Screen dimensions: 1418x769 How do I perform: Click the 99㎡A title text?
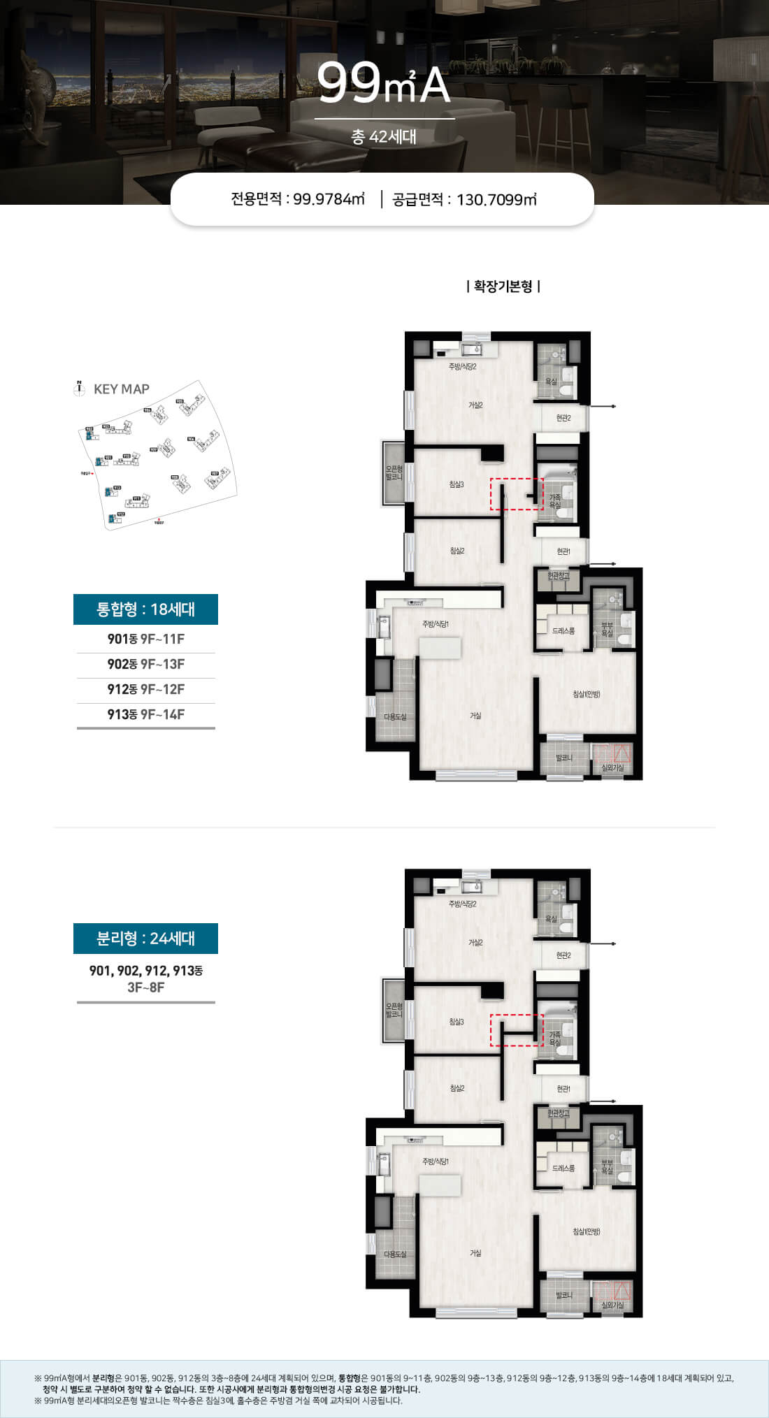384,84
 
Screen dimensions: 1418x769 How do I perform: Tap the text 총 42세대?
383,136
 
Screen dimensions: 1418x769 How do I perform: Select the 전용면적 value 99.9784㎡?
329,199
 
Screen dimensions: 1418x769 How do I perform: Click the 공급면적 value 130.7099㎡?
496,199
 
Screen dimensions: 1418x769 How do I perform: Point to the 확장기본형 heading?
503,286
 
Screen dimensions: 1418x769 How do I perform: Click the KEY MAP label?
121,389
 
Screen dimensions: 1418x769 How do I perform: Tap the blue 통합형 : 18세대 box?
145,609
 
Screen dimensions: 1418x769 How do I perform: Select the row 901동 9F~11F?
145,639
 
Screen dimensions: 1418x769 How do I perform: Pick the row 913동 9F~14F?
145,714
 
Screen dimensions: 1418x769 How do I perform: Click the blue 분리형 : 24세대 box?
145,939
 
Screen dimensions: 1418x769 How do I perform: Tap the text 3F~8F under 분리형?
145,987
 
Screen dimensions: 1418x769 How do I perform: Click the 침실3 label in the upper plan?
457,484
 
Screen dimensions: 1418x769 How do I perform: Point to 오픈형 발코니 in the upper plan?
394,473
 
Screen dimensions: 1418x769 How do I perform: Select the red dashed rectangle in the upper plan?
517,493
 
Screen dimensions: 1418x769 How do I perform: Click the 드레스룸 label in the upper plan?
563,630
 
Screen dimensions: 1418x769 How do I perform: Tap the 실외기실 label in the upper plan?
612,767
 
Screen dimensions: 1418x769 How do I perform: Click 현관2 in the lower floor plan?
563,955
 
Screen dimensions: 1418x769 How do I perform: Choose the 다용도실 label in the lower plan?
395,1254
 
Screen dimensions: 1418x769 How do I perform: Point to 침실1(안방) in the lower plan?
587,1231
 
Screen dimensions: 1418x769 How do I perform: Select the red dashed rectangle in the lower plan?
517,1030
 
